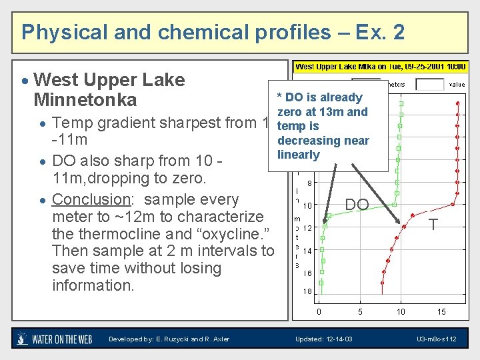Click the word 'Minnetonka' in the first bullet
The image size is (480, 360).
pyautogui.click(x=85, y=100)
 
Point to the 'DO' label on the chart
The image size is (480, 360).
pyautogui.click(x=357, y=205)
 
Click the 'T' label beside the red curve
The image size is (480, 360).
pyautogui.click(x=433, y=225)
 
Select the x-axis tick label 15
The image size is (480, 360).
pyautogui.click(x=441, y=311)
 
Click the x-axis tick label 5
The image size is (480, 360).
pyautogui.click(x=360, y=311)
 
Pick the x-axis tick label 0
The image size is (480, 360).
pyautogui.click(x=319, y=311)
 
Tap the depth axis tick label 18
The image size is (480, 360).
pyautogui.click(x=307, y=291)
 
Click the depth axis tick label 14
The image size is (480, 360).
pyautogui.click(x=307, y=251)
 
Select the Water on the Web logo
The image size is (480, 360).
pyautogui.click(x=55, y=339)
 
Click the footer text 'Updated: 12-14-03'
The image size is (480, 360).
pyautogui.click(x=324, y=339)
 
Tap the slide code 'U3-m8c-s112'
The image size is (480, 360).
pyautogui.click(x=437, y=339)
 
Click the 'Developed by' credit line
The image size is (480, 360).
pyautogui.click(x=169, y=339)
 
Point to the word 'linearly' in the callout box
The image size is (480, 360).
pyautogui.click(x=299, y=155)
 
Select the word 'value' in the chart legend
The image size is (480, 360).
pyautogui.click(x=457, y=85)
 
